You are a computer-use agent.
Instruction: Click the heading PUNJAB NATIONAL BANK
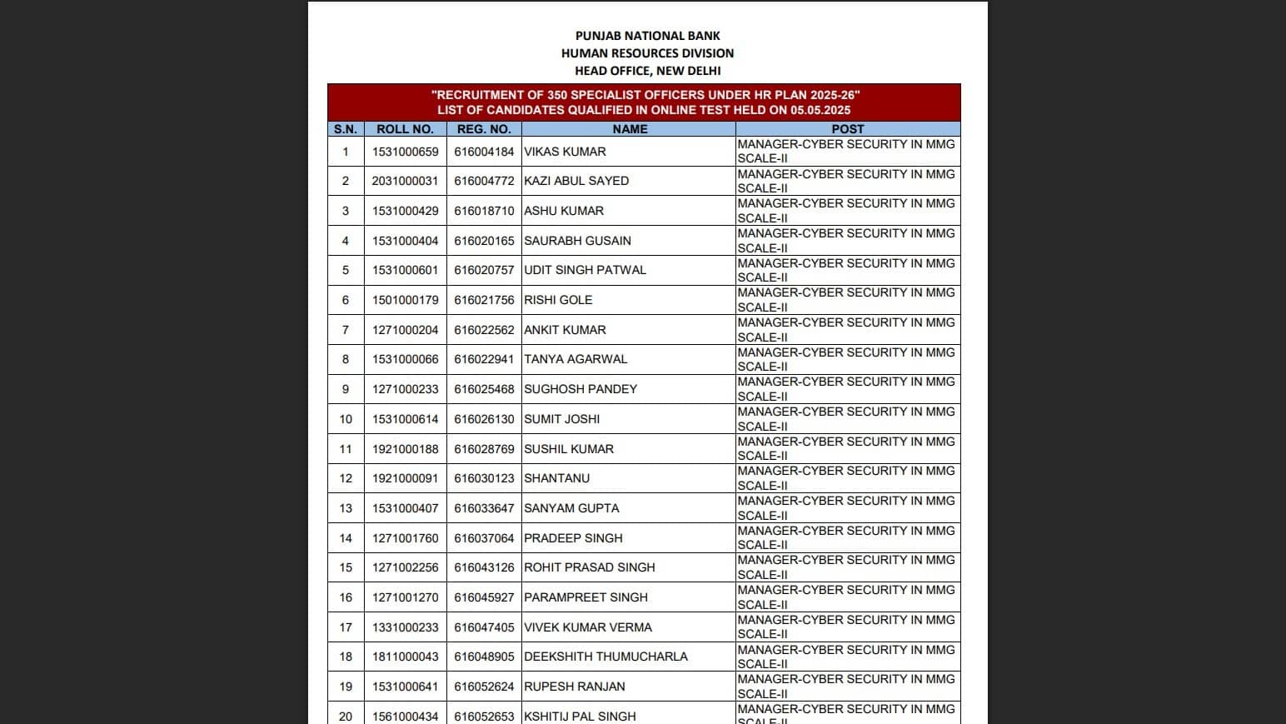point(647,36)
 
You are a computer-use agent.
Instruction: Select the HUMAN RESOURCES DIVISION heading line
point(647,53)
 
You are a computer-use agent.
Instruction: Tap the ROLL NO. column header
point(405,129)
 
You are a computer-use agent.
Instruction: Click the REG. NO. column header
point(484,129)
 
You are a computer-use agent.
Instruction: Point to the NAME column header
point(630,129)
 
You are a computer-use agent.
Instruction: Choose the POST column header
point(847,129)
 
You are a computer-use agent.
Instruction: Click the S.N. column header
point(346,129)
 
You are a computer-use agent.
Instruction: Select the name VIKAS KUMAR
point(565,152)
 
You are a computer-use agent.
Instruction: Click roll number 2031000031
point(405,181)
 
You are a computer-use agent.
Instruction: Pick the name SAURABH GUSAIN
point(577,241)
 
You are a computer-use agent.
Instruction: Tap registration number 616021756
point(484,300)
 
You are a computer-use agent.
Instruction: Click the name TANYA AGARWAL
point(576,359)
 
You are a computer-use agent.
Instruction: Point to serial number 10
point(346,419)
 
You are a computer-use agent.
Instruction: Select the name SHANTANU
point(556,478)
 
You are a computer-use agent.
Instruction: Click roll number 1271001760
point(405,538)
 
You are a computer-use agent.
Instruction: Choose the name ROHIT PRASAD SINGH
point(589,567)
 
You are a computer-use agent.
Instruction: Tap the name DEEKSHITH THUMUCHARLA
point(606,657)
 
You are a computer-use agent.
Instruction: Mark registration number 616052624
point(484,687)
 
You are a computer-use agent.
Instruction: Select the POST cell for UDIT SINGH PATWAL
point(846,270)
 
